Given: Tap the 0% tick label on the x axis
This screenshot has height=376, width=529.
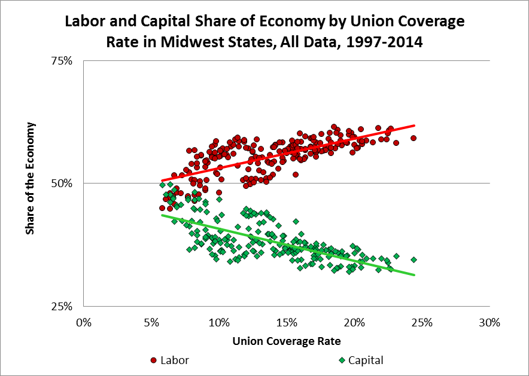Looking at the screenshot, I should click(84, 323).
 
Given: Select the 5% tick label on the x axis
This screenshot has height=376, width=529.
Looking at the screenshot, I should click(151, 323).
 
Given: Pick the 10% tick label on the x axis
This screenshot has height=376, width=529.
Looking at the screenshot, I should click(219, 323).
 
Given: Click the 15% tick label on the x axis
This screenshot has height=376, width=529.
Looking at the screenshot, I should click(287, 323).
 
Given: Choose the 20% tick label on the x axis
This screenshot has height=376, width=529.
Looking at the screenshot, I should click(354, 323).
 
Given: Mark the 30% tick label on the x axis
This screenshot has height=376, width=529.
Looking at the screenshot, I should click(490, 323).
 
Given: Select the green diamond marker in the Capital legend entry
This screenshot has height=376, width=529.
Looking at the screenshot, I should click(342, 360).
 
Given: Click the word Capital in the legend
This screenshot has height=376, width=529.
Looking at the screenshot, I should click(366, 360).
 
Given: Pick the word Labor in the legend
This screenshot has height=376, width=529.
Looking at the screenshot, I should click(174, 360).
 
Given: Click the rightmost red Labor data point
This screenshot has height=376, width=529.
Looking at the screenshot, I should click(414, 138).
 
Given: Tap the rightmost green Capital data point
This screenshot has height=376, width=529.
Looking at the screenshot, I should click(414, 259).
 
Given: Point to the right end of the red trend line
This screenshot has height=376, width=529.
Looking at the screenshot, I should click(414, 126).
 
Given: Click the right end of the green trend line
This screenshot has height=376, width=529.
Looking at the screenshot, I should click(414, 274).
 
